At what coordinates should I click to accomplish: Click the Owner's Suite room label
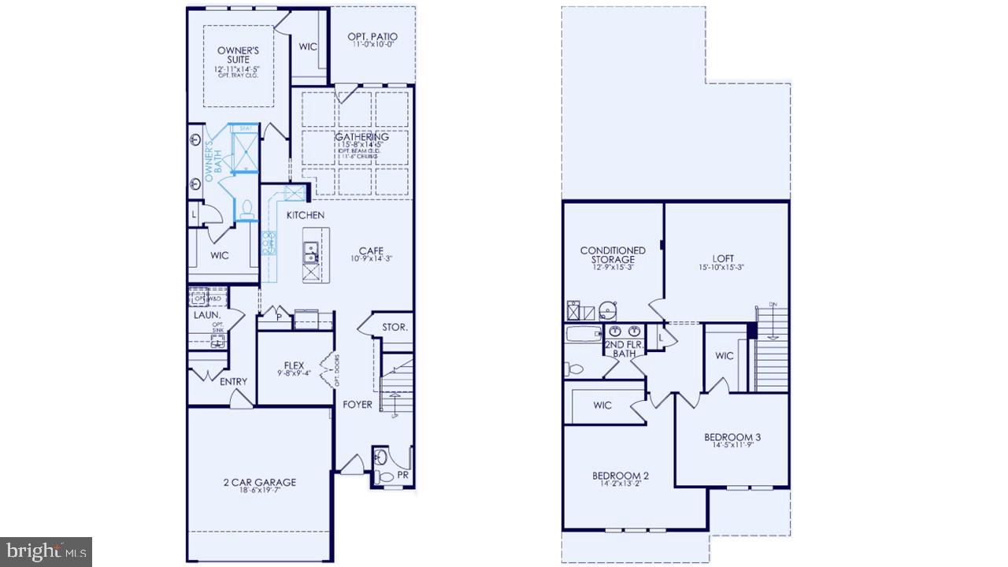(x=234, y=55)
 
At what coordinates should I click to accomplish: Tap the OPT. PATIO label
(x=372, y=37)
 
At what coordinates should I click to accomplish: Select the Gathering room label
(x=361, y=137)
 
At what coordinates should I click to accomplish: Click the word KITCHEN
(x=305, y=215)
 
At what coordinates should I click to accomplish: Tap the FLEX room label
(x=294, y=365)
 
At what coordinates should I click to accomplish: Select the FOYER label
(x=357, y=405)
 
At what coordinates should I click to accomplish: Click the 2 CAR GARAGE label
(x=258, y=482)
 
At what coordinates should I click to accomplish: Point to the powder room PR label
(x=402, y=475)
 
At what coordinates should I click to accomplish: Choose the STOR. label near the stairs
(x=395, y=327)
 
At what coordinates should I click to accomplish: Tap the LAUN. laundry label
(x=206, y=315)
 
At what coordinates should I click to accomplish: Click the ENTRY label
(x=233, y=382)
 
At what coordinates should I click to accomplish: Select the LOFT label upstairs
(x=722, y=258)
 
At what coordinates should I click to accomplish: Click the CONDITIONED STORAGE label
(x=613, y=255)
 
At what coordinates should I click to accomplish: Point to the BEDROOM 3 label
(x=732, y=437)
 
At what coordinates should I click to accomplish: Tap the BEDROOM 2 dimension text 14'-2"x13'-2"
(x=621, y=484)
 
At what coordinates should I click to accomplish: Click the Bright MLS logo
(x=46, y=550)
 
